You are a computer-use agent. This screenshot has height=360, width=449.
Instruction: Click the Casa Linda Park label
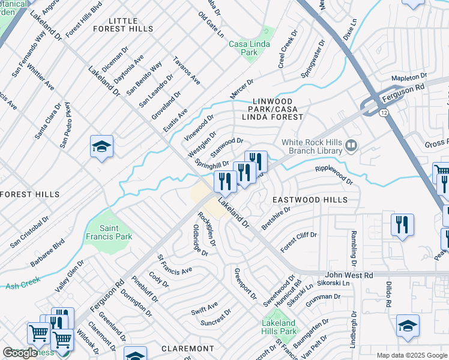pos(252,48)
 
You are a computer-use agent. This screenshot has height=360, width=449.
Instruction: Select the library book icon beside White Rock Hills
pos(352,145)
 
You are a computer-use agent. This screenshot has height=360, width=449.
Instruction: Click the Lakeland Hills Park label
pos(279,327)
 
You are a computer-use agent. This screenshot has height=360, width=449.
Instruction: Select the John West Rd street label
pos(349,275)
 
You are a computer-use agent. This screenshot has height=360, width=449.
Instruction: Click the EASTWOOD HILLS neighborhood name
pos(310,199)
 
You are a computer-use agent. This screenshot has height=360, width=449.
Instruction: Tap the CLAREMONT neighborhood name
pos(188,348)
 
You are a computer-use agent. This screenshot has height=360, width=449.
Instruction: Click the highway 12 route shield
pos(382,112)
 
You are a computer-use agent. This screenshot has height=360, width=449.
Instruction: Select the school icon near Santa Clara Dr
pos(101,146)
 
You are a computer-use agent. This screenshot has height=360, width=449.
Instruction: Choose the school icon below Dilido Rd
pos(408,325)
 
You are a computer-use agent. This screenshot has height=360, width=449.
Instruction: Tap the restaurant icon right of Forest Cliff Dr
pos(402,224)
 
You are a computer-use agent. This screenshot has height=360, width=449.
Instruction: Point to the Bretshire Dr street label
pos(276,218)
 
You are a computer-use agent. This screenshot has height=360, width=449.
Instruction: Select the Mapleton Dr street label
pos(408,78)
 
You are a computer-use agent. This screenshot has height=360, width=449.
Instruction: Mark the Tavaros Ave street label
pos(186,71)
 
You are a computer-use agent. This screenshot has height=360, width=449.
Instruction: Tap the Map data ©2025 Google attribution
pos(411,355)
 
